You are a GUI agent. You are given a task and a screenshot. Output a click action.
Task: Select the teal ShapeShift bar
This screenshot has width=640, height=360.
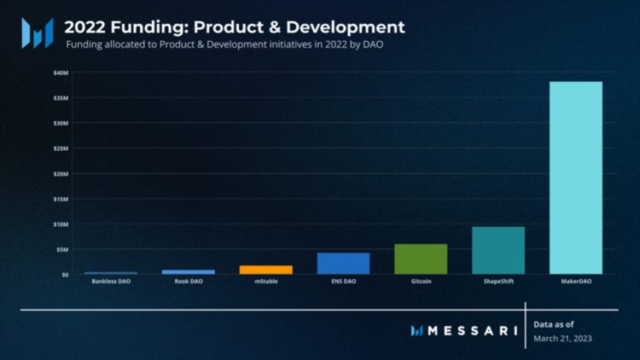(x=498, y=250)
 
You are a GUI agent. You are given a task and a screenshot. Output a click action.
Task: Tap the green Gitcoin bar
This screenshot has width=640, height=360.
(x=421, y=259)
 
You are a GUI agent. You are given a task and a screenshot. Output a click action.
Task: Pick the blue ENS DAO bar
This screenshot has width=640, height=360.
(x=343, y=264)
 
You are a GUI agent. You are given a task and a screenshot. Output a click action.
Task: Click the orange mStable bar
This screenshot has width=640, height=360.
(x=265, y=270)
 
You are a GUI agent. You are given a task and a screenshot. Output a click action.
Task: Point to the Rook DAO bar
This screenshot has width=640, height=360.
(x=189, y=271)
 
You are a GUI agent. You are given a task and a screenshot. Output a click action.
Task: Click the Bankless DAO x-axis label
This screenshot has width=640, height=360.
(x=111, y=282)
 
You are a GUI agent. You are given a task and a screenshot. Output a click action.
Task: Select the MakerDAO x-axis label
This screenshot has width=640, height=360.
(x=575, y=282)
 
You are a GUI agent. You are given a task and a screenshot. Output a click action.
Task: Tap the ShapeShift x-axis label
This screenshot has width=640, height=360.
(x=498, y=282)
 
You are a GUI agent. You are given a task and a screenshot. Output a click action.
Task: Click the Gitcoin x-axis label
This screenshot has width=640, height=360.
(x=421, y=282)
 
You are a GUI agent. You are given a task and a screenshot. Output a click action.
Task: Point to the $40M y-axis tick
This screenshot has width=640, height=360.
(x=60, y=73)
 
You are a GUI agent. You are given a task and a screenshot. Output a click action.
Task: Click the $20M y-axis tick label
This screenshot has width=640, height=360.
(x=60, y=174)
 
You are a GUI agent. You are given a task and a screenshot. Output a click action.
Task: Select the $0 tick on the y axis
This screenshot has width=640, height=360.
(x=63, y=275)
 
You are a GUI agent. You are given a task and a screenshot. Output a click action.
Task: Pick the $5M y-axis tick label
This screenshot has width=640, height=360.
(x=61, y=250)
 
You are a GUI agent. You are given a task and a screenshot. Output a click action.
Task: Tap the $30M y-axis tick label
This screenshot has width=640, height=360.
(x=60, y=124)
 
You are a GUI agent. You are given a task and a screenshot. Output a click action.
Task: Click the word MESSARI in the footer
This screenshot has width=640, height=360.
(x=467, y=330)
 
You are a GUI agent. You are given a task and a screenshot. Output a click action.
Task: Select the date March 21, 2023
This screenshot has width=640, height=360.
(x=562, y=339)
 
